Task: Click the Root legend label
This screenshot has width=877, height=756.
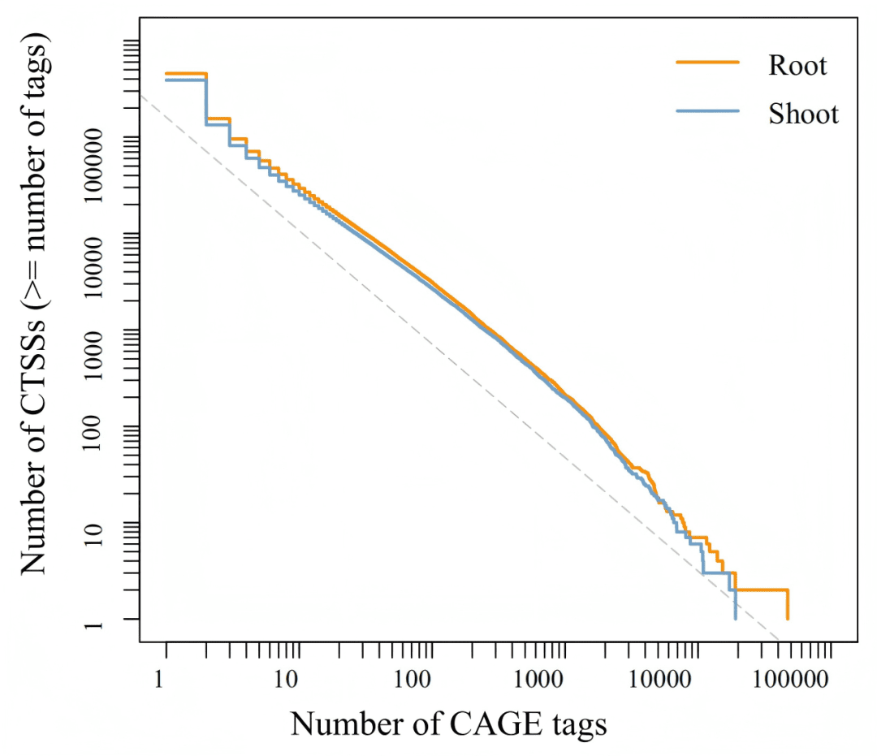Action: (x=797, y=65)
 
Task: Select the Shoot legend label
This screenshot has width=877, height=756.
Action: (x=803, y=114)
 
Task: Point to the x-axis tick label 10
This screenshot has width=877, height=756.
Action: (x=285, y=676)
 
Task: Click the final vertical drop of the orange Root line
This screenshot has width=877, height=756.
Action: (x=788, y=605)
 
